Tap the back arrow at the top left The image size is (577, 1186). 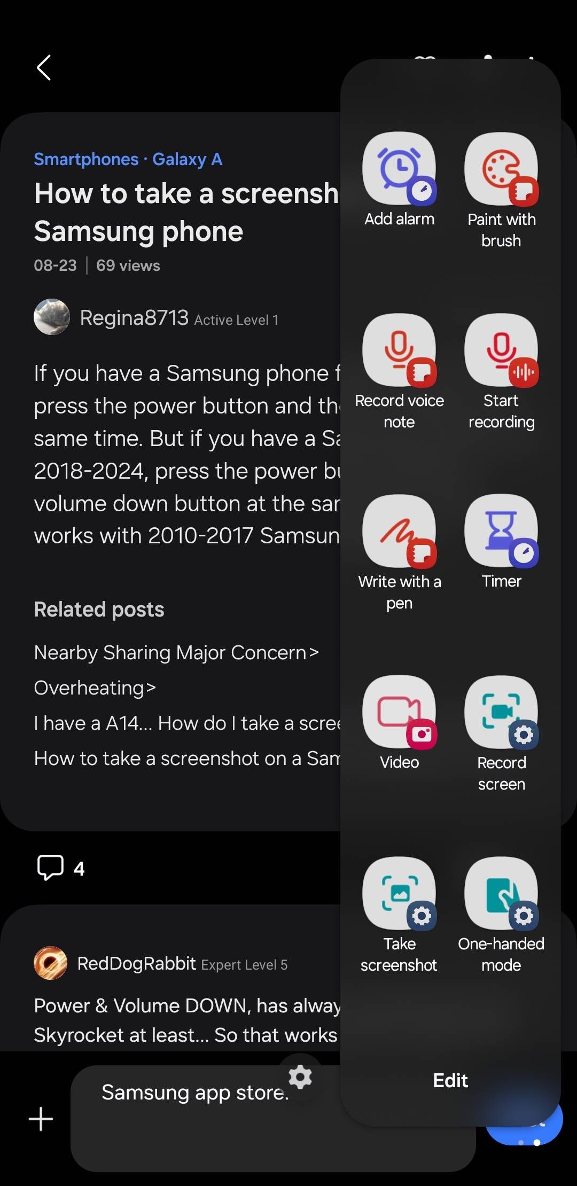click(44, 68)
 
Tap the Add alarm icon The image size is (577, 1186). click(399, 168)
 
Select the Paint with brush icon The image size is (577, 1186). click(501, 168)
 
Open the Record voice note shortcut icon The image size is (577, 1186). click(399, 350)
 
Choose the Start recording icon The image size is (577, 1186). click(501, 350)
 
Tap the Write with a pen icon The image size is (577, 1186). click(399, 531)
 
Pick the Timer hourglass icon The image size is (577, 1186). click(501, 531)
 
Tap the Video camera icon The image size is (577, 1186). click(399, 712)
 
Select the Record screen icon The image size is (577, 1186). click(501, 712)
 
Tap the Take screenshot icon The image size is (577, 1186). click(399, 893)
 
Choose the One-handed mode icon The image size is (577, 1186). click(501, 893)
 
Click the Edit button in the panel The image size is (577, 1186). click(450, 1080)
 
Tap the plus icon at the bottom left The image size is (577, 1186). click(41, 1119)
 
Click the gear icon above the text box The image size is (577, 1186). click(300, 1077)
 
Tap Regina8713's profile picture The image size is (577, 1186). click(52, 317)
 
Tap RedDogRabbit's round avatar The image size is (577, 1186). click(51, 963)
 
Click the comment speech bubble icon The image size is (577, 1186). click(50, 867)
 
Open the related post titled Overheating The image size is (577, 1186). click(95, 688)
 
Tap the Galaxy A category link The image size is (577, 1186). click(187, 159)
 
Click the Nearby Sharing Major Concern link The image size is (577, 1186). click(176, 653)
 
